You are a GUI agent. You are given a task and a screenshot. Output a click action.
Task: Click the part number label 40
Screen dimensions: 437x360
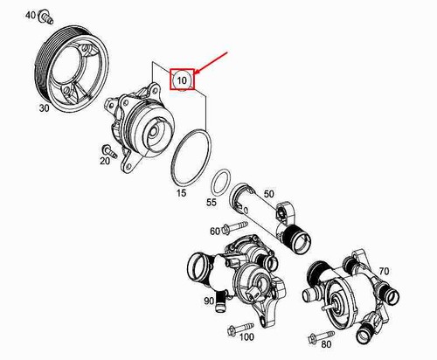(31, 15)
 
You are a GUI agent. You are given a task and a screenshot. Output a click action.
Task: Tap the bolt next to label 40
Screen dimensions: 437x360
(46, 17)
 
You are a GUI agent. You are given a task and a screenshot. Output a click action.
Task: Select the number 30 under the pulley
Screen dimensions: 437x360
(45, 108)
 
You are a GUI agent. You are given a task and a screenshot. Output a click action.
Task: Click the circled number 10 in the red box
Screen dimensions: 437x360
(182, 80)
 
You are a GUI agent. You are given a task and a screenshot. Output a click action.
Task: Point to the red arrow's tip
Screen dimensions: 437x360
(194, 73)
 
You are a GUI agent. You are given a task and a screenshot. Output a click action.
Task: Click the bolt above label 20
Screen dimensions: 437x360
(109, 150)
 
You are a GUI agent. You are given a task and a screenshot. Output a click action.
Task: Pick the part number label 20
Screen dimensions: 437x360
(105, 161)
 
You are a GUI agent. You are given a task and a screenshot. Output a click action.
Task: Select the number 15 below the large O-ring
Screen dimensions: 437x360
(181, 193)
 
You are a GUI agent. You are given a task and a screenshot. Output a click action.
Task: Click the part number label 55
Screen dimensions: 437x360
(212, 202)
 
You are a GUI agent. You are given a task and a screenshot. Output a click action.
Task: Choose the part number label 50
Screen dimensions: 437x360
(269, 194)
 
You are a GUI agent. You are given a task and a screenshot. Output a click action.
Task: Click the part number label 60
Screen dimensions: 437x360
(215, 232)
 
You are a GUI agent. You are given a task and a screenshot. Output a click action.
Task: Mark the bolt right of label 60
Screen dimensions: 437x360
(235, 227)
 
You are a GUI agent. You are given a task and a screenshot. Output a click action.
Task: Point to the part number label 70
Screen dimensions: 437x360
(384, 271)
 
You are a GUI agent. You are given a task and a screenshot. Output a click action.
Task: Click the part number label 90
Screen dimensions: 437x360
(209, 301)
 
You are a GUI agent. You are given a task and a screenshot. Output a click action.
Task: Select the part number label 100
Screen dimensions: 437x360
(246, 337)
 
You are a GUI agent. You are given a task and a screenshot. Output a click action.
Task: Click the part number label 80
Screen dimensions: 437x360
(326, 344)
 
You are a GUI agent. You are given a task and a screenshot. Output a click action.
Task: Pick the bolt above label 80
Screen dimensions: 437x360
(321, 336)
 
